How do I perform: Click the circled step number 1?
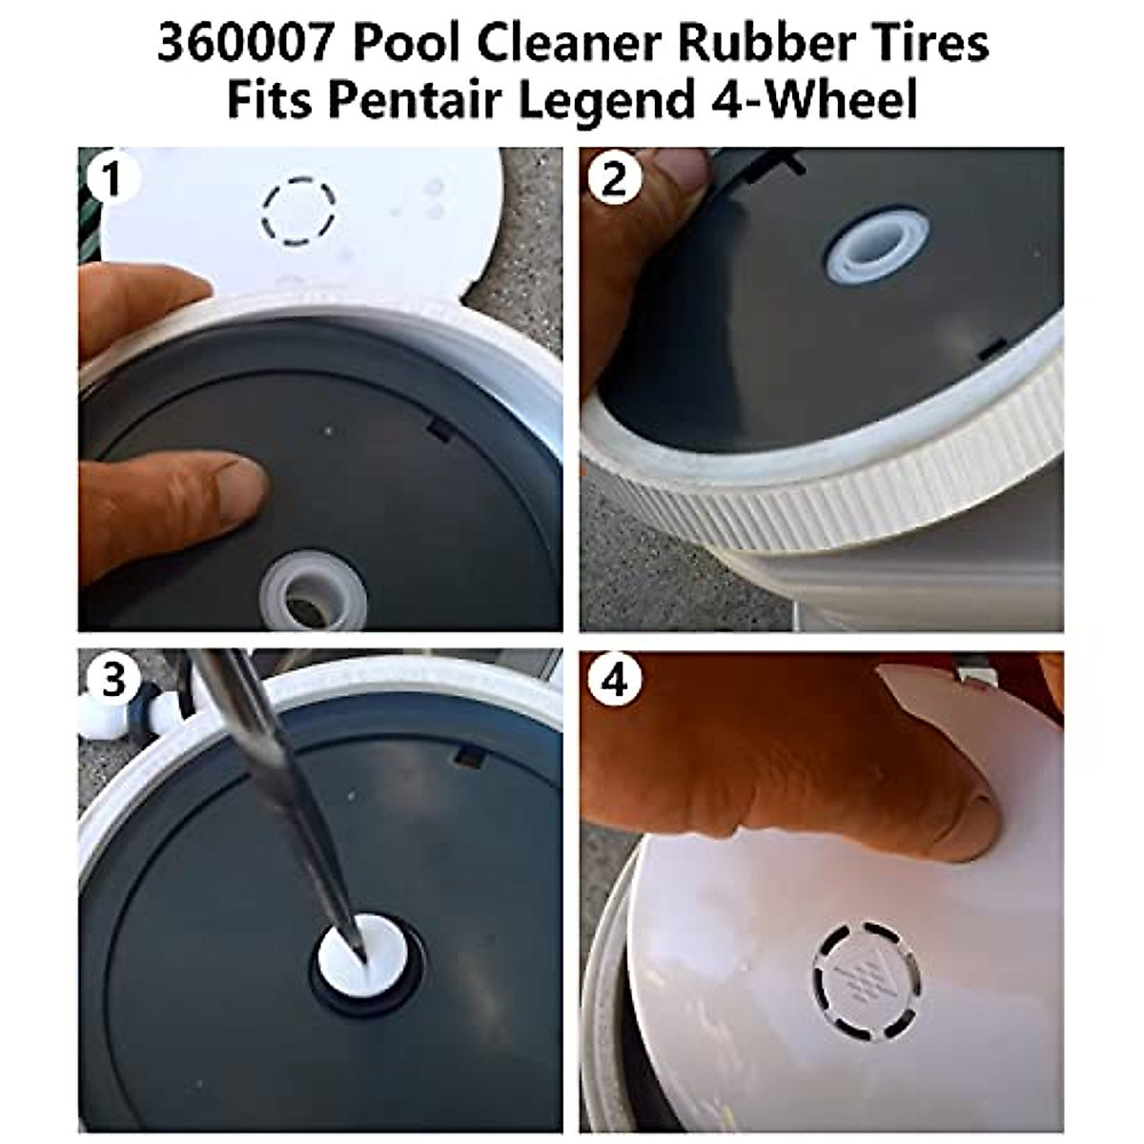pyautogui.click(x=112, y=178)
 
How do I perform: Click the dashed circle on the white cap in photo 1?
pyautogui.click(x=298, y=209)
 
